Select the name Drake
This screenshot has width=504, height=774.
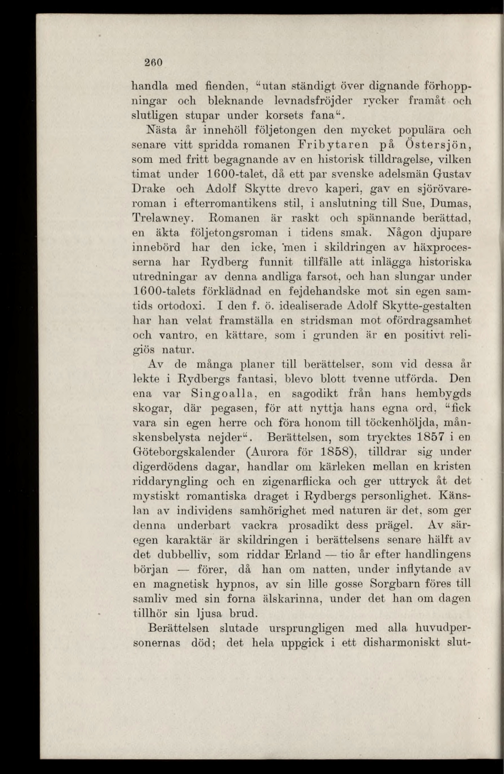tap(149, 189)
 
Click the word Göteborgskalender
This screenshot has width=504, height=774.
tap(188, 452)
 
